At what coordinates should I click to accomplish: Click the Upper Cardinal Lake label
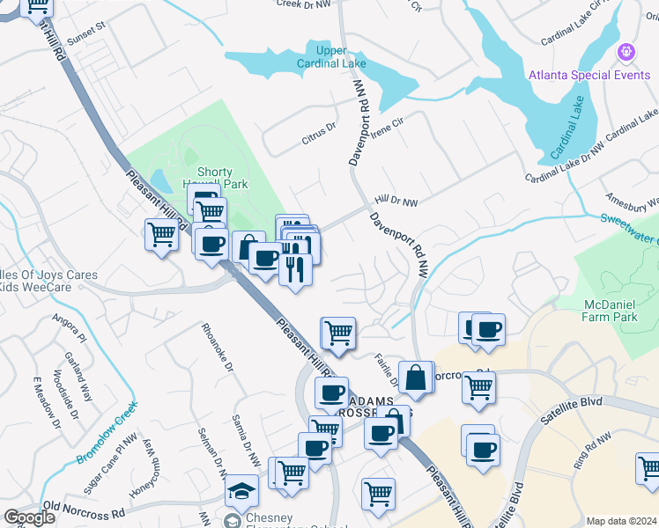331,56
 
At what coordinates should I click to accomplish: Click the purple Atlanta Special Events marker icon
626,52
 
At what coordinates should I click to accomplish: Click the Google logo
29,517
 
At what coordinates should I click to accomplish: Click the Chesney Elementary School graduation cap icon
241,490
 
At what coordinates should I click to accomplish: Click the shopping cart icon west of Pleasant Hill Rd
161,235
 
